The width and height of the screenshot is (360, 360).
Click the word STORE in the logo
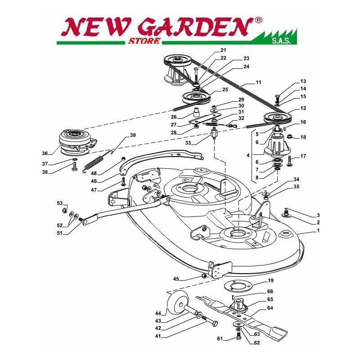[144, 41]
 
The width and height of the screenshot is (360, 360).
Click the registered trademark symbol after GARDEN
[258, 20]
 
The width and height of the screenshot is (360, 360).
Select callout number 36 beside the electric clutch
[45, 153]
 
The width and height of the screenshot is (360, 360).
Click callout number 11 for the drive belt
[258, 82]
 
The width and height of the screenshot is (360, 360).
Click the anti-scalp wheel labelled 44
[177, 305]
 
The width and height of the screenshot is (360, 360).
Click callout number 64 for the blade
[270, 308]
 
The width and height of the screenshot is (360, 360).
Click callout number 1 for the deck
[318, 230]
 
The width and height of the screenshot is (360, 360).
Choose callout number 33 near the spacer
[188, 143]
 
